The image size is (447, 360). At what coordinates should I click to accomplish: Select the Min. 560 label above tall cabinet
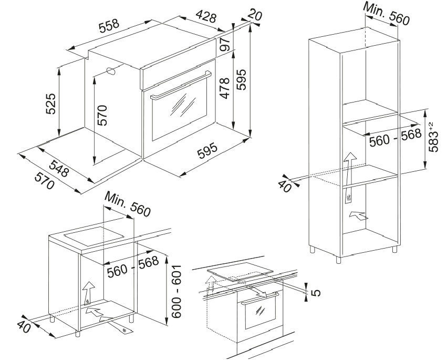386,14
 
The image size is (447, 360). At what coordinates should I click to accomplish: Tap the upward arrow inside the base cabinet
88,291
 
